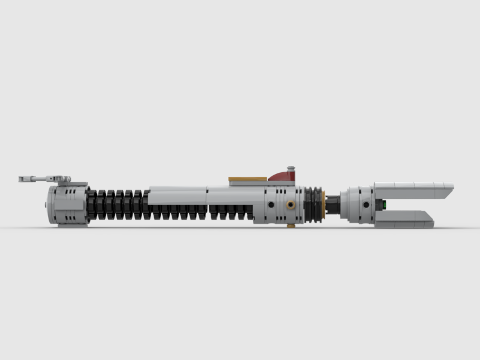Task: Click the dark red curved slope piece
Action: pyautogui.click(x=282, y=176)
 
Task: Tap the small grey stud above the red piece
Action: pyautogui.click(x=291, y=169)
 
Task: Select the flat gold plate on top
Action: pyautogui.click(x=247, y=179)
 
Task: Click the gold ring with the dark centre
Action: pyautogui.click(x=291, y=205)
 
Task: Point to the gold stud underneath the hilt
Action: pyautogui.click(x=291, y=226)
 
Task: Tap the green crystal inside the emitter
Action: pyautogui.click(x=382, y=205)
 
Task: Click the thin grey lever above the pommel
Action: pyautogui.click(x=42, y=178)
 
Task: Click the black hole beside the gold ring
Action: pyautogui.click(x=271, y=205)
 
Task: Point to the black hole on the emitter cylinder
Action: pyautogui.click(x=364, y=205)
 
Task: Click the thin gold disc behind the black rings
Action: pyautogui.click(x=324, y=205)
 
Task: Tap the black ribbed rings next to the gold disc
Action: pyautogui.click(x=313, y=204)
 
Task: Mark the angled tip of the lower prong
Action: pyautogui.click(x=430, y=218)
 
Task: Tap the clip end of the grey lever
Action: pyautogui.click(x=23, y=178)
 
